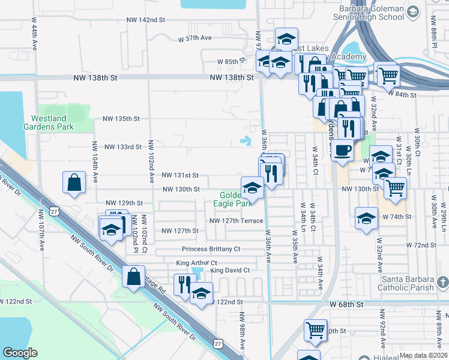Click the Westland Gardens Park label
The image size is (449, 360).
point(52,122)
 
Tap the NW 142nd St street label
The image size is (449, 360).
point(145,20)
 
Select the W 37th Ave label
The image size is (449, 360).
point(195,38)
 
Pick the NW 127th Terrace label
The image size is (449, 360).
point(236,221)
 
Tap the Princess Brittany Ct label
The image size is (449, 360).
point(211,249)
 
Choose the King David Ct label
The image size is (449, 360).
point(229,271)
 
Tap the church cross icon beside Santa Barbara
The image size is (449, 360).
point(442,281)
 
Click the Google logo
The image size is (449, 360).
point(20,353)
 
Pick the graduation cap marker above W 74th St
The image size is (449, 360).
point(366,218)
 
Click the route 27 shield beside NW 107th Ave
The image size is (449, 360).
point(55,212)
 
